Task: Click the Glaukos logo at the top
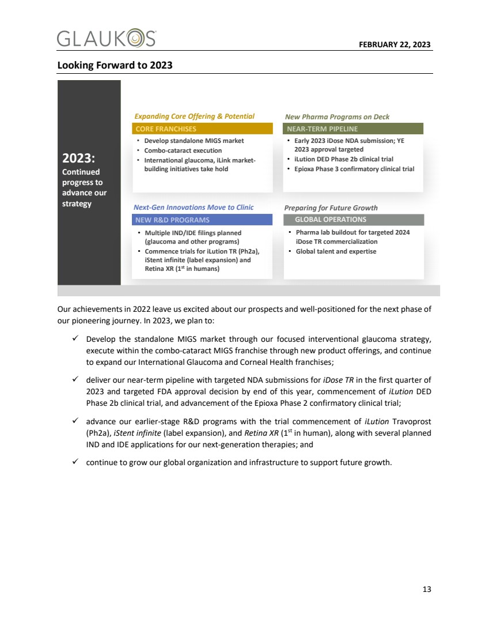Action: pyautogui.click(x=107, y=39)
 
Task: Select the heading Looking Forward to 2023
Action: pyautogui.click(x=115, y=65)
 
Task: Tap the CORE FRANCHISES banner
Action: pyautogui.click(x=202, y=129)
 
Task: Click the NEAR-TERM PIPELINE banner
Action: pyautogui.click(x=353, y=129)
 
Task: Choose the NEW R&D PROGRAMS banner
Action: pyautogui.click(x=202, y=220)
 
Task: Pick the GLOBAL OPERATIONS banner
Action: pyautogui.click(x=354, y=220)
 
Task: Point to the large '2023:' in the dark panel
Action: pyautogui.click(x=78, y=158)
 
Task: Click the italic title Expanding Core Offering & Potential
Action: pyautogui.click(x=194, y=116)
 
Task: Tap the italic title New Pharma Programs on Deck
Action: pyautogui.click(x=337, y=117)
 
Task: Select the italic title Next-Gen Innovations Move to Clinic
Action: pyautogui.click(x=194, y=207)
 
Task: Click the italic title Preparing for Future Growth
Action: pyautogui.click(x=331, y=208)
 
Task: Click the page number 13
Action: pyautogui.click(x=426, y=589)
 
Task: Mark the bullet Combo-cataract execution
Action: pyautogui.click(x=183, y=150)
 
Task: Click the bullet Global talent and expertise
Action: pyautogui.click(x=336, y=251)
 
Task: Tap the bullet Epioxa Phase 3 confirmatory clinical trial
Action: pyautogui.click(x=354, y=169)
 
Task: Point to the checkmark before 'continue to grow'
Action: pyautogui.click(x=77, y=462)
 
